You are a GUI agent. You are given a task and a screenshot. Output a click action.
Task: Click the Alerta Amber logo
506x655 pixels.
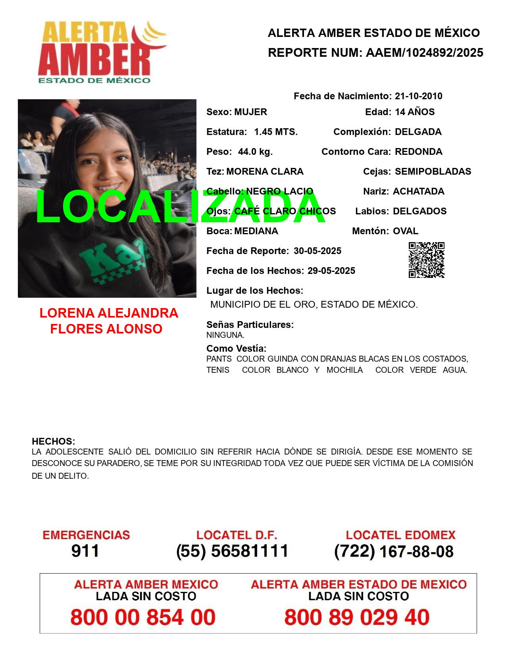click(x=102, y=52)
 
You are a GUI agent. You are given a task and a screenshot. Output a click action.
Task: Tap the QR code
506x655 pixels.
click(x=426, y=260)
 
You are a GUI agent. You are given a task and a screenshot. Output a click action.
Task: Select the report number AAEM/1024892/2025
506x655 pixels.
click(x=424, y=53)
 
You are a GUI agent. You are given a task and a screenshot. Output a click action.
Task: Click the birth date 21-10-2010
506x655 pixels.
click(x=418, y=96)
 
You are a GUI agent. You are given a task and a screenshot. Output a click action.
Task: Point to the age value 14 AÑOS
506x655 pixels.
click(x=415, y=112)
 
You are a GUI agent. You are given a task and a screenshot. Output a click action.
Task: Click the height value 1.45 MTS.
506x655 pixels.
click(x=276, y=132)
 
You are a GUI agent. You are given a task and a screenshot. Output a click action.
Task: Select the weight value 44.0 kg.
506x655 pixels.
click(x=255, y=152)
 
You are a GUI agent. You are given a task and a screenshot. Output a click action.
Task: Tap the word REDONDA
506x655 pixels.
click(x=418, y=152)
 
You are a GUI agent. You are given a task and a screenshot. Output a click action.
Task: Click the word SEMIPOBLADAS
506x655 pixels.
click(x=433, y=171)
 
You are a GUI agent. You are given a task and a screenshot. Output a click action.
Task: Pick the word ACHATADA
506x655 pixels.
click(x=418, y=191)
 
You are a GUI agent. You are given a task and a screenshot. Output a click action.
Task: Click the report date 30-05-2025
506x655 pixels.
click(x=317, y=251)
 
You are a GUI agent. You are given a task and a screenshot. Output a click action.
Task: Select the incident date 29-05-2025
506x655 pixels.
click(x=331, y=271)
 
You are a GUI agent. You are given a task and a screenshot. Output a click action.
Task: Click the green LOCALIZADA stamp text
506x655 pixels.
click(x=181, y=207)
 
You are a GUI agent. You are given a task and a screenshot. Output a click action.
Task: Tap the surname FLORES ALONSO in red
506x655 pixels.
click(x=106, y=329)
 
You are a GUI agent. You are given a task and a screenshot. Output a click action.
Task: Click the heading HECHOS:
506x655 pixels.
click(x=53, y=441)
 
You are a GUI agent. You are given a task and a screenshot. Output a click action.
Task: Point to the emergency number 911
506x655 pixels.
click(x=85, y=551)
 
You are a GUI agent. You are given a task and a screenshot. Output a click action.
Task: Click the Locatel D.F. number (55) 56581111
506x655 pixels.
click(x=233, y=551)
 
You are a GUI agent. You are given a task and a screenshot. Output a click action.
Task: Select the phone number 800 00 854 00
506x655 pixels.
click(x=143, y=617)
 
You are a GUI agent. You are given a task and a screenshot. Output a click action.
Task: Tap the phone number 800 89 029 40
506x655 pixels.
click(x=357, y=617)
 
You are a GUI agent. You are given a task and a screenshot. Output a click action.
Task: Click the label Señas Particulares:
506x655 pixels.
click(x=250, y=325)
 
